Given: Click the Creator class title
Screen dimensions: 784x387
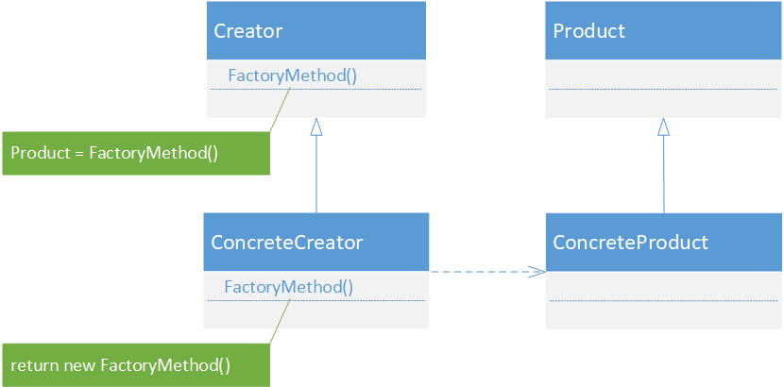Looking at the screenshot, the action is (248, 31).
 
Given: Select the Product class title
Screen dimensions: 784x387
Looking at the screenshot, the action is (589, 31).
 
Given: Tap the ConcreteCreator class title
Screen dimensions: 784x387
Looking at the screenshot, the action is (286, 243).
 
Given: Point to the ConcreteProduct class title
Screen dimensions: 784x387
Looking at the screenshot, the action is (630, 243).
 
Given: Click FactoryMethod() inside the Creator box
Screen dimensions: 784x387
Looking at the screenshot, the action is (293, 76).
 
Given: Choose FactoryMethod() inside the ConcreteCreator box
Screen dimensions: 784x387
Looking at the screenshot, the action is (288, 287).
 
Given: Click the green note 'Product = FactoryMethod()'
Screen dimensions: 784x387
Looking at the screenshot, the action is (136, 153).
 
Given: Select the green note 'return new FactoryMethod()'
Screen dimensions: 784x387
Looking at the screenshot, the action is (136, 365).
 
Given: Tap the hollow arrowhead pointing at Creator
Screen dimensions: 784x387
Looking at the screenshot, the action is (316, 126).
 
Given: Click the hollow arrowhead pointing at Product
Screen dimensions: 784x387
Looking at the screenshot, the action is (663, 126).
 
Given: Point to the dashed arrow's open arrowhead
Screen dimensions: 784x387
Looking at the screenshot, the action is (537, 272).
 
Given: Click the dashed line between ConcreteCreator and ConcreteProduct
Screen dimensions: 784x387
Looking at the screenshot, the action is (487, 272).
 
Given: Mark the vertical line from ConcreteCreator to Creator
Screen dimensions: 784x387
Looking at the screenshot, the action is (316, 175).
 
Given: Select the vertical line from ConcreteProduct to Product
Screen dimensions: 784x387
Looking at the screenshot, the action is (663, 175).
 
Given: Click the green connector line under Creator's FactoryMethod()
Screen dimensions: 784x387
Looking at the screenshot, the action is (281, 109).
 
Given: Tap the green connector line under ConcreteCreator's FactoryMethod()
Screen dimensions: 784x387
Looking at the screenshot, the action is (281, 322).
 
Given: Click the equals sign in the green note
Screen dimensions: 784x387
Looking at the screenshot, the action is (80, 153).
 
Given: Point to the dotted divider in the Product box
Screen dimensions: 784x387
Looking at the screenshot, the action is (663, 90).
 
